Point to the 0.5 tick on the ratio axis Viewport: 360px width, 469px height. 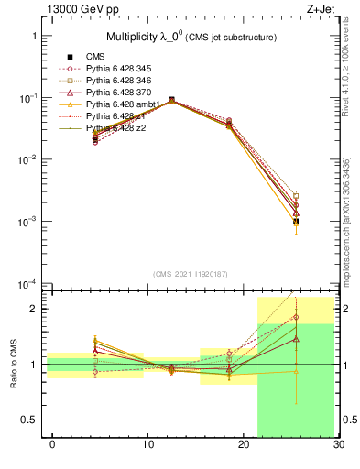click(30, 420)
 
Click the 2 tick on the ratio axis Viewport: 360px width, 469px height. click(35, 309)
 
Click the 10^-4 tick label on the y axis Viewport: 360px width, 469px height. click(27, 283)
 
